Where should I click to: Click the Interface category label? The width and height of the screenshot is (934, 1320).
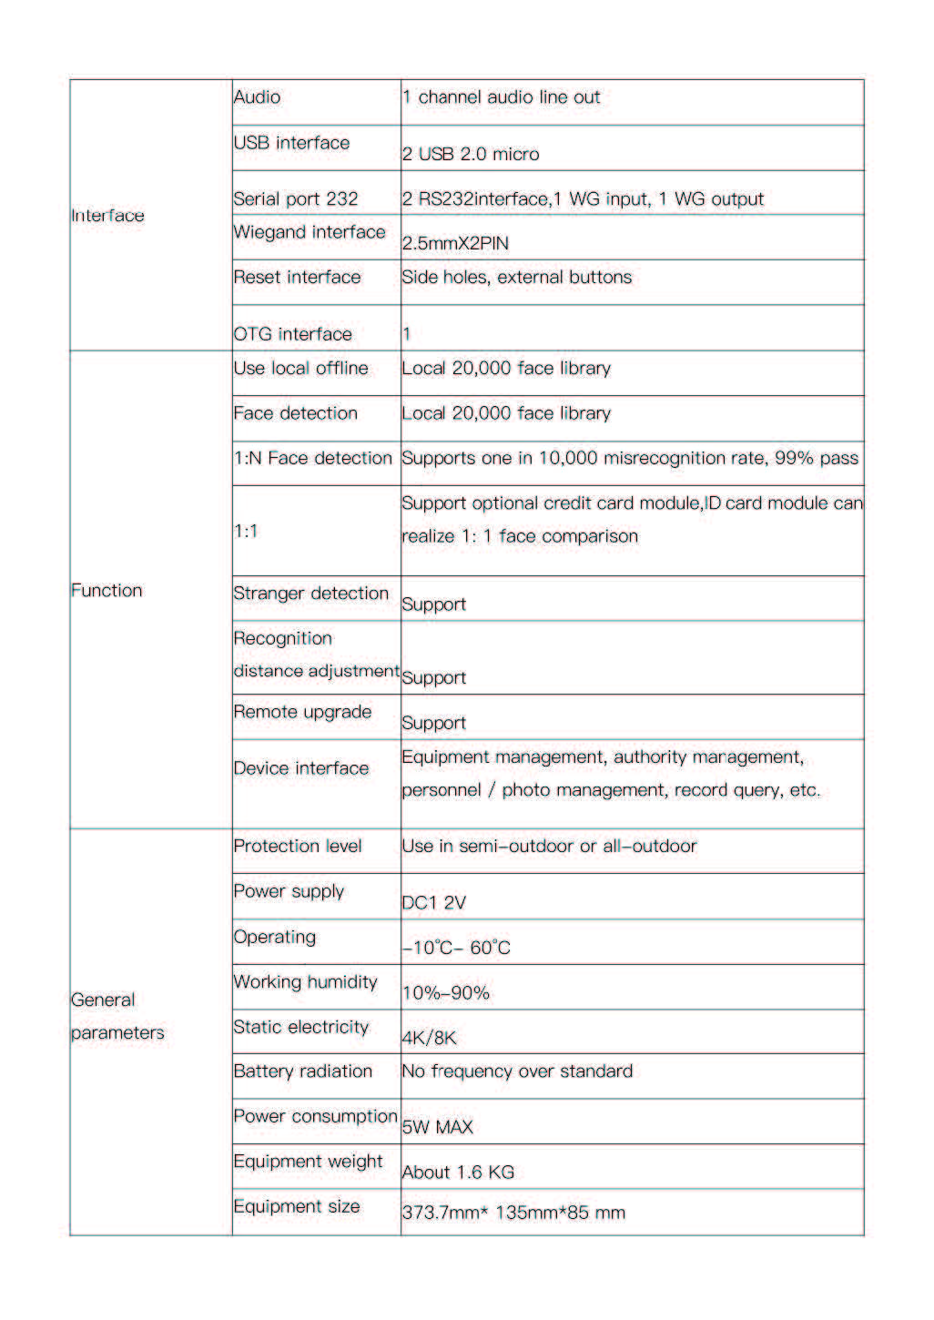click(x=107, y=216)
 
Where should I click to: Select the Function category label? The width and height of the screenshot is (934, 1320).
click(x=107, y=591)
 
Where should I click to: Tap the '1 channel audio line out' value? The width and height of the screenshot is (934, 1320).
click(x=501, y=97)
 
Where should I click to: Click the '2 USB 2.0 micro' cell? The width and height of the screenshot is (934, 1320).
click(x=471, y=155)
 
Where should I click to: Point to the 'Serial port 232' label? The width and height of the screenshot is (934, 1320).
click(x=296, y=199)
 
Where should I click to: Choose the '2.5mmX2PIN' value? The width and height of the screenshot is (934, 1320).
click(x=455, y=244)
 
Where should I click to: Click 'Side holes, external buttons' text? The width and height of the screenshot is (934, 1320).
click(x=516, y=278)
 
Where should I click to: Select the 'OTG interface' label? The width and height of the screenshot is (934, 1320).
click(x=292, y=334)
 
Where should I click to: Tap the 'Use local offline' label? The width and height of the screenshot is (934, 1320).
click(x=300, y=369)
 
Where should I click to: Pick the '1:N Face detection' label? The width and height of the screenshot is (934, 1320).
click(x=312, y=458)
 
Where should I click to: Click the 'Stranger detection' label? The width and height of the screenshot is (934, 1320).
click(x=310, y=594)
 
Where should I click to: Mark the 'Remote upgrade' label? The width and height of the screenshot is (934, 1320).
click(x=302, y=712)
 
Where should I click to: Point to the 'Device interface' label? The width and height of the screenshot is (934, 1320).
click(x=301, y=768)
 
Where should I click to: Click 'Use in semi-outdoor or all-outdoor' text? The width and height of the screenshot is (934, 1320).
click(x=549, y=847)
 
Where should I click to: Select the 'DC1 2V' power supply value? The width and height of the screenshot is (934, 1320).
click(x=433, y=903)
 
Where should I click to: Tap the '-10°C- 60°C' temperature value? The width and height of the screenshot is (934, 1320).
click(x=456, y=949)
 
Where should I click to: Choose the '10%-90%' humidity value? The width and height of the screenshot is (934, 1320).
click(x=446, y=993)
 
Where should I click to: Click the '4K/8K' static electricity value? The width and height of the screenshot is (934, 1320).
click(x=429, y=1038)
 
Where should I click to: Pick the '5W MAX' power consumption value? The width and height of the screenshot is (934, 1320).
click(x=438, y=1128)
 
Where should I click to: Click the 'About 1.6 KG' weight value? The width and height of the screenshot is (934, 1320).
click(x=458, y=1173)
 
